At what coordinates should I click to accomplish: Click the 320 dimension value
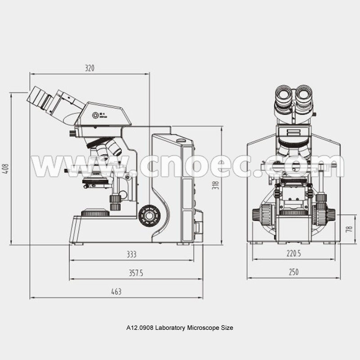[90, 68]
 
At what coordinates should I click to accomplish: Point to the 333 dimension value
[131, 254]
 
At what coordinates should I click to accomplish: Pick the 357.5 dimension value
[136, 273]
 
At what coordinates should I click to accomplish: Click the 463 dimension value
[116, 292]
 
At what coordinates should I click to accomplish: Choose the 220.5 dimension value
[294, 253]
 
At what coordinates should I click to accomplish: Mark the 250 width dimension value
[294, 272]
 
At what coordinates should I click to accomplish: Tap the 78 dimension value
[349, 229]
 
